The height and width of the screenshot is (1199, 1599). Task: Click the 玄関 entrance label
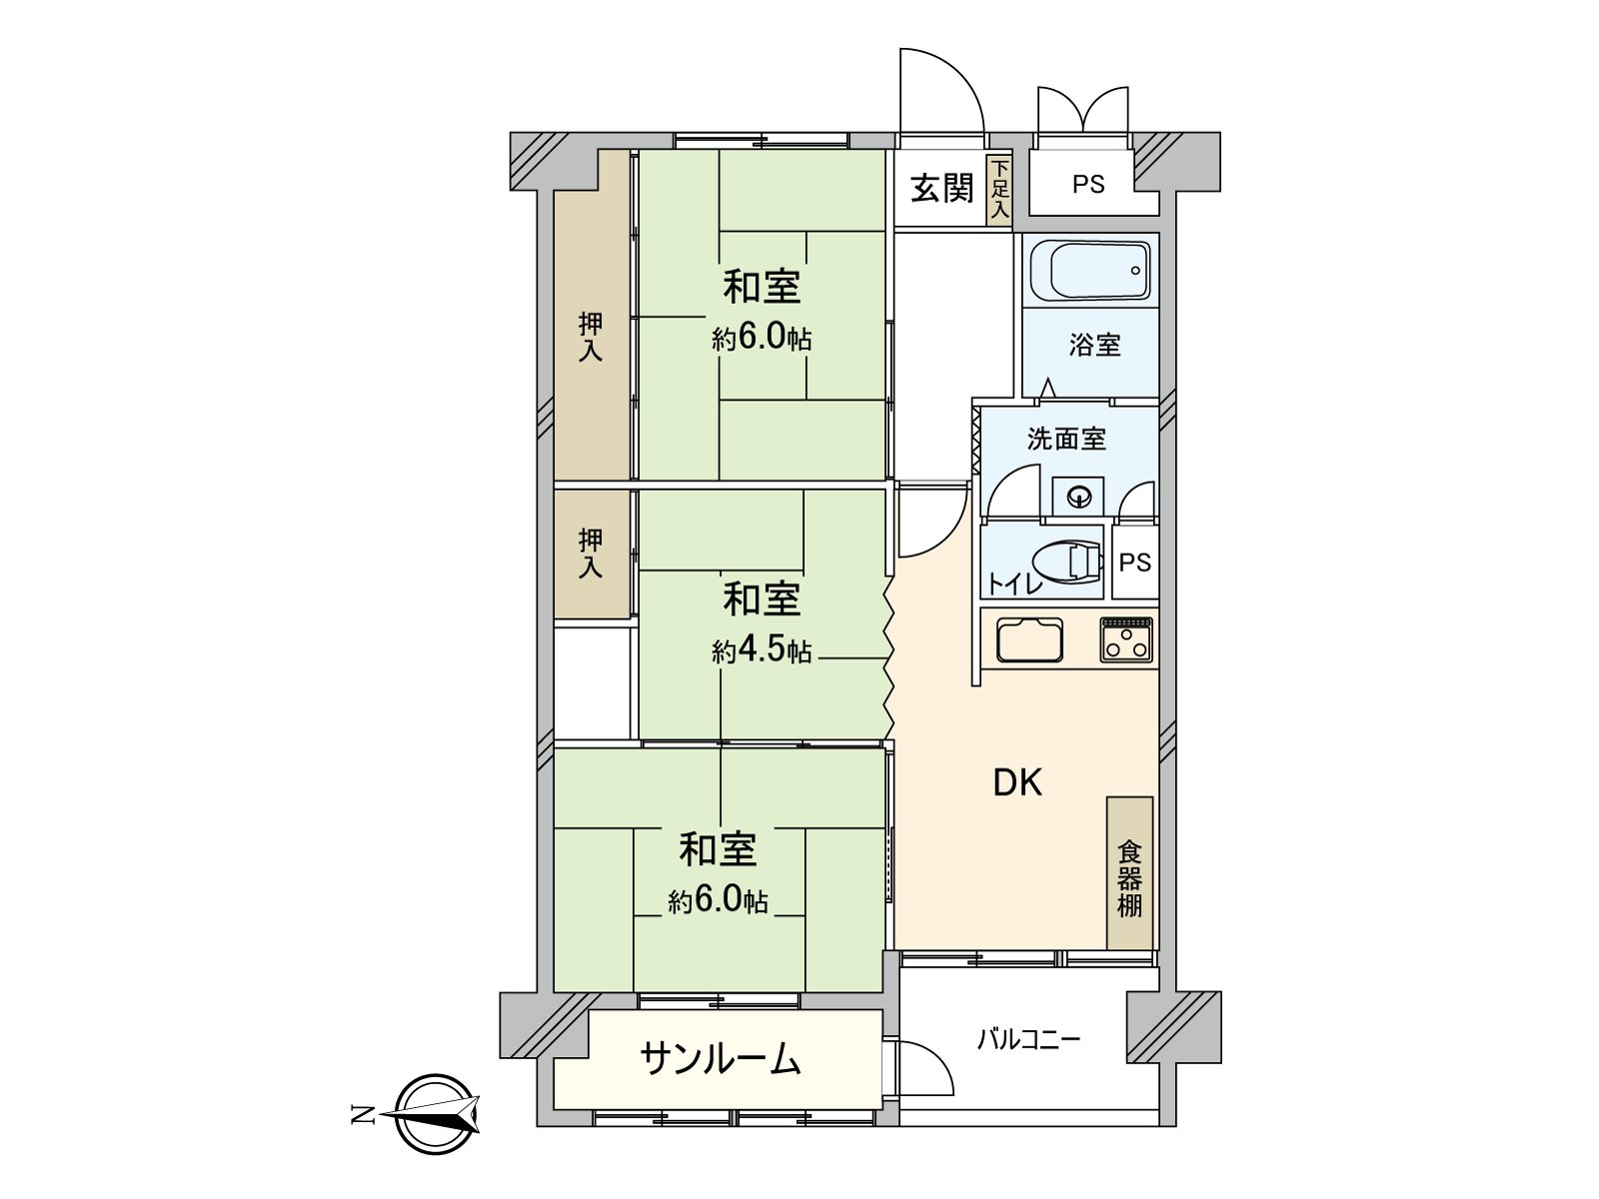click(x=941, y=188)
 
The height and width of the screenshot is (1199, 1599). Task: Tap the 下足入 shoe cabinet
click(x=999, y=189)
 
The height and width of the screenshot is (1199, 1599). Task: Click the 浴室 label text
click(x=1094, y=346)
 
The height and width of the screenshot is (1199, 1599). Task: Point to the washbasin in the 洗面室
click(x=1078, y=496)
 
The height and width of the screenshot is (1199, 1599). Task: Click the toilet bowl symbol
click(x=1067, y=562)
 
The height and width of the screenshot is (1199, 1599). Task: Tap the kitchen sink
click(x=1028, y=640)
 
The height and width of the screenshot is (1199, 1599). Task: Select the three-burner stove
click(x=1126, y=639)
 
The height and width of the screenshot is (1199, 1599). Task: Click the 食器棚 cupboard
click(x=1129, y=873)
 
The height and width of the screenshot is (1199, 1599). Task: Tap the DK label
click(x=1017, y=783)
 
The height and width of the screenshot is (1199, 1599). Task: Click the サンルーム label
click(x=721, y=1059)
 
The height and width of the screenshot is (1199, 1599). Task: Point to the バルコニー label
click(x=1028, y=1040)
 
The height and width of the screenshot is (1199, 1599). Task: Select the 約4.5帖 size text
click(x=762, y=651)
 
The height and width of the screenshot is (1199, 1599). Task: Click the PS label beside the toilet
click(x=1135, y=563)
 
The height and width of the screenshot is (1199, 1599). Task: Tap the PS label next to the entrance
click(x=1088, y=185)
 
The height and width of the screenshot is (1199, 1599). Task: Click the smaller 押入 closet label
click(x=591, y=554)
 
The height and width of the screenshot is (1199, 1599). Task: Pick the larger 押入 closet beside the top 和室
click(x=592, y=336)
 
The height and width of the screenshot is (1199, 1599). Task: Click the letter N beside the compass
click(x=362, y=1114)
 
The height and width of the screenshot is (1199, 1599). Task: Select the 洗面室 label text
click(x=1066, y=439)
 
